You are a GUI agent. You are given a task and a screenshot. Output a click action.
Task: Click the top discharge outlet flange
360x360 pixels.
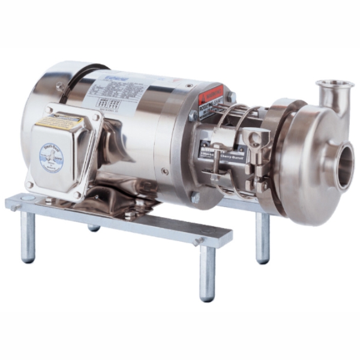(x=334, y=84)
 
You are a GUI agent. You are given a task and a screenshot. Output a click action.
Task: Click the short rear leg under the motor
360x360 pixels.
(x=94, y=227)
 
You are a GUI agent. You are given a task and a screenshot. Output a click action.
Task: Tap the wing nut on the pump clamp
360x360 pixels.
(x=256, y=137)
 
